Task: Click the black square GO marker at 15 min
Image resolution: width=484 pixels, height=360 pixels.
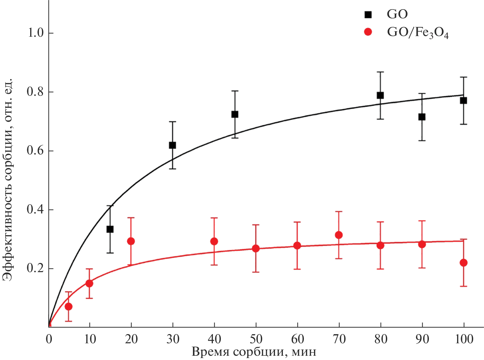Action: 110,229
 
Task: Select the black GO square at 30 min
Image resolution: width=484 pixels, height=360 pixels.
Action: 172,145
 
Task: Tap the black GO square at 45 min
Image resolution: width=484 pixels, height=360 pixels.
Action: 235,114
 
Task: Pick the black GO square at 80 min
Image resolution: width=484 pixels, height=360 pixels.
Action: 380,95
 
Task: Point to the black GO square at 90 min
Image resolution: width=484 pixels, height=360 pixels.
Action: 422,117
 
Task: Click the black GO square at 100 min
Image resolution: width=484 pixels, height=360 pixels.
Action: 463,100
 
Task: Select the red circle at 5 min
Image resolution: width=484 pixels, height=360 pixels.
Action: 69,307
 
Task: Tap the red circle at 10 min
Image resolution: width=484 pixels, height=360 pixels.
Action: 89,283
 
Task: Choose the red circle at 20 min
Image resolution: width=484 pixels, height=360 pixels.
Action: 131,241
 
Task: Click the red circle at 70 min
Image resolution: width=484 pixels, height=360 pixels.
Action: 339,235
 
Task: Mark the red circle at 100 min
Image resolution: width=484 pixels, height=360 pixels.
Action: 463,263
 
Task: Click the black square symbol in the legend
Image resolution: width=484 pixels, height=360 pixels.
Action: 368,14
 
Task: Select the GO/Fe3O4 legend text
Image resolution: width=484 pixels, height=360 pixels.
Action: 417,33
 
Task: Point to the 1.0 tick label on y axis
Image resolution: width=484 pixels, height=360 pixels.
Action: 35,33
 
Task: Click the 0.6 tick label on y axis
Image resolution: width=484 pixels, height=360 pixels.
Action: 35,151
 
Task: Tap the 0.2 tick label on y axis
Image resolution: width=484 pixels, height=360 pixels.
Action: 35,269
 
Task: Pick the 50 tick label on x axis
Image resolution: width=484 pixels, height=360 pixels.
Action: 256,339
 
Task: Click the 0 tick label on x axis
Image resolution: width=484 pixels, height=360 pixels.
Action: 49,339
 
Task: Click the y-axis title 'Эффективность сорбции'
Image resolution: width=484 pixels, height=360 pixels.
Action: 7,180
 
